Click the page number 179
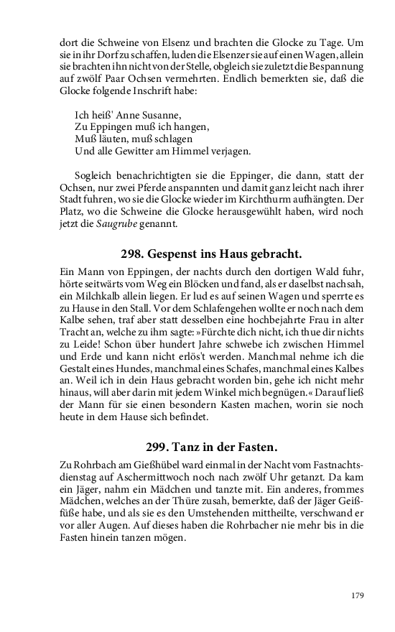(358, 595)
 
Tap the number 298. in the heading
(134, 254)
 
